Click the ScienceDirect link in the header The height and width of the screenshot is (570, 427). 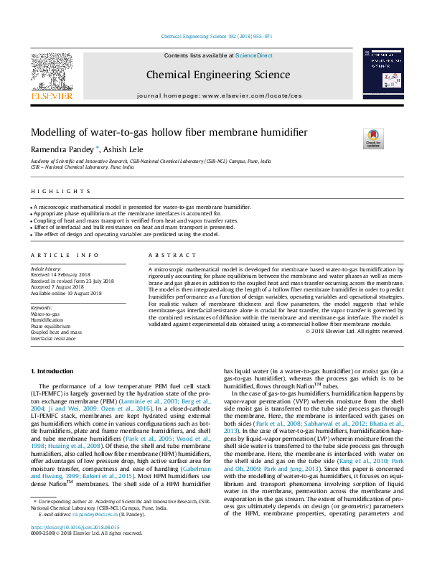(x=255, y=55)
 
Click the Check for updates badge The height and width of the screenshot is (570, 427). (x=373, y=138)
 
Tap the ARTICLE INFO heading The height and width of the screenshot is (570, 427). (x=65, y=256)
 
